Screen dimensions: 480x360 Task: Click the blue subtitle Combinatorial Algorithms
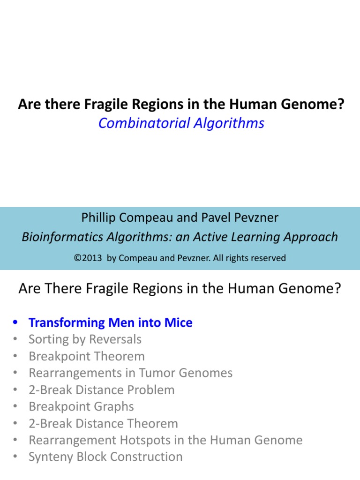[181, 123]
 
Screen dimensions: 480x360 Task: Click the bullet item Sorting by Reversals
[85, 339]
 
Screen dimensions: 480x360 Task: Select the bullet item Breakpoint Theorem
[87, 356]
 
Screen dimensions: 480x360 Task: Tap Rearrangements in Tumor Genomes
[130, 373]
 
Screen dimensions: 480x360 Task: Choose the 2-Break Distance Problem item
[101, 390]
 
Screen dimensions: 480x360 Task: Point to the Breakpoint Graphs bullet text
[81, 407]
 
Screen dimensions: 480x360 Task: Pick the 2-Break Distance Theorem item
[103, 424]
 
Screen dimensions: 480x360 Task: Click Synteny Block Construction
[105, 457]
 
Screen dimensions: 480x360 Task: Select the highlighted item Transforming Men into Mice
[110, 322]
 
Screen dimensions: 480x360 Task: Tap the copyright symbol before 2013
[77, 258]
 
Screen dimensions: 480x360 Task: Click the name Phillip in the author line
[99, 217]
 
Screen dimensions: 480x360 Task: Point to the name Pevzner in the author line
[261, 217]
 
